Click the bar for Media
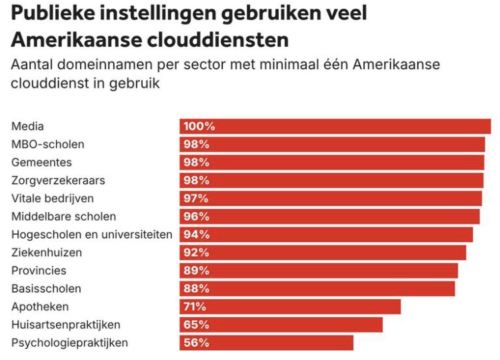point(335,127)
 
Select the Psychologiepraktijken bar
point(266,343)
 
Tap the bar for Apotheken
point(290,307)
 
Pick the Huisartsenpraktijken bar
point(281,325)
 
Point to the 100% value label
point(199,127)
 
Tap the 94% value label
point(197,235)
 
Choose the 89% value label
point(197,271)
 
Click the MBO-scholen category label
point(48,145)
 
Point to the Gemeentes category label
point(41,163)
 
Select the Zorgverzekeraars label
point(58,181)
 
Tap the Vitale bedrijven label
point(53,199)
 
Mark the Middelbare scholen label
point(63,217)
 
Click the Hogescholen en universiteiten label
point(92,235)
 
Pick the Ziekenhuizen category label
point(47,253)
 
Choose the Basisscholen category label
point(46,289)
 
